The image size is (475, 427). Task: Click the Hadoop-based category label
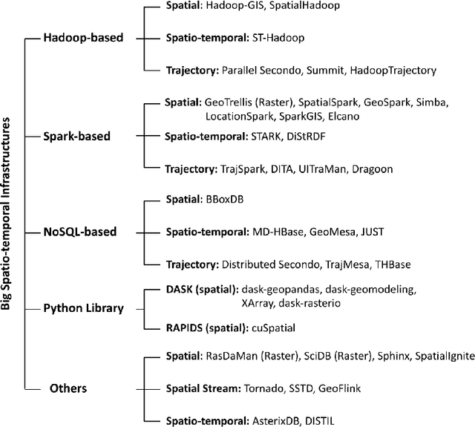[83, 37]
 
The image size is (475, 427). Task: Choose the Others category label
[68, 388]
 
